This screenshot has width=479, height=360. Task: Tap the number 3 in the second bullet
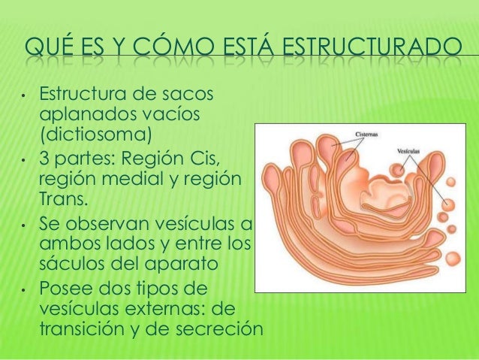click(x=44, y=159)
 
